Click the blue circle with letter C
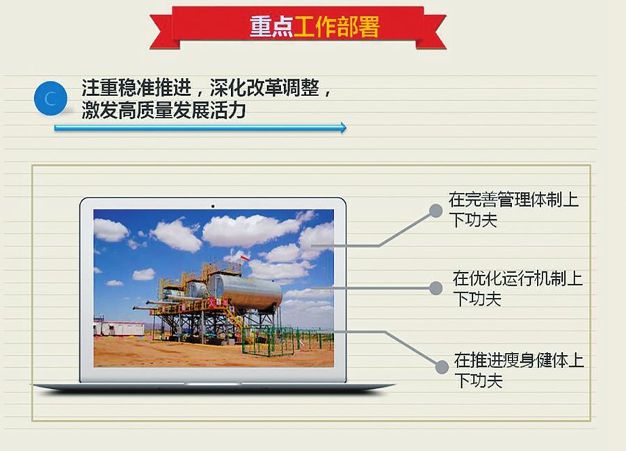tap(50, 98)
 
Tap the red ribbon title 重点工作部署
tap(314, 26)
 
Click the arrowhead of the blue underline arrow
tap(343, 128)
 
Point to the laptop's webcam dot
tap(213, 206)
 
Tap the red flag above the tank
tap(244, 258)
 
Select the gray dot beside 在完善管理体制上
tap(436, 210)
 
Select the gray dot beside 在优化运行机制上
tap(436, 288)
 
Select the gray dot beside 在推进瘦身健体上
tap(442, 367)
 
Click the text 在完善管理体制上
tap(513, 200)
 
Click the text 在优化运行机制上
tap(517, 278)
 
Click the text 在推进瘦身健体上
tap(519, 360)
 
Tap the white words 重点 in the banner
tap(271, 26)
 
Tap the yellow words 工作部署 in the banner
tap(336, 26)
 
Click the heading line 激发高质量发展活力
tap(163, 111)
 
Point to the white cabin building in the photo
tap(119, 328)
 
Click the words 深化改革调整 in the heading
tap(264, 88)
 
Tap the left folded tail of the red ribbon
tap(163, 33)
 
